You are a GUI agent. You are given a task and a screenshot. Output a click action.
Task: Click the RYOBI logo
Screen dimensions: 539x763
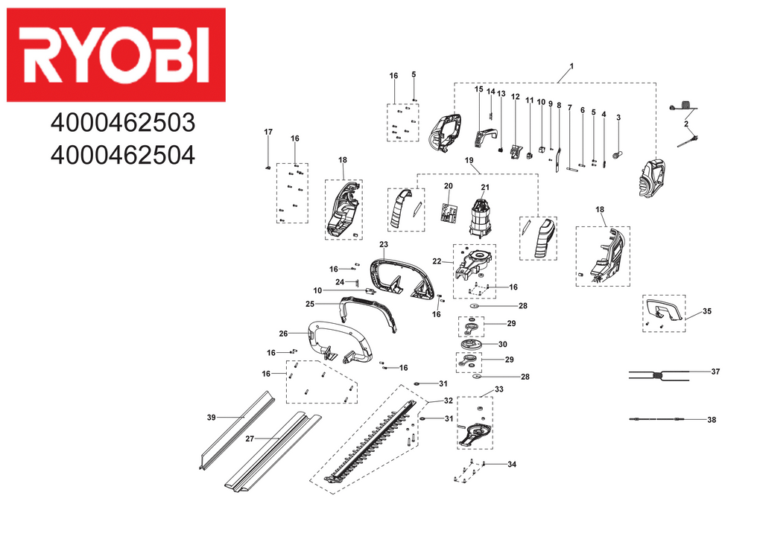(115, 54)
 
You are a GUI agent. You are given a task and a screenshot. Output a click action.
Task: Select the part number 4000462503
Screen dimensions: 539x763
(122, 122)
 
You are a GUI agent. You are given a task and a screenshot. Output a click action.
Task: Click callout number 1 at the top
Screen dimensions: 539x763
(572, 67)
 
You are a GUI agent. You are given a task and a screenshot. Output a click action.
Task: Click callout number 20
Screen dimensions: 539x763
(449, 185)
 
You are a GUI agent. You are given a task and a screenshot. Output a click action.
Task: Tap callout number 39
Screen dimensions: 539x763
(211, 417)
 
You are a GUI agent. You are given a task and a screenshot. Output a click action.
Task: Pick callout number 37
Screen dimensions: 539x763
(715, 371)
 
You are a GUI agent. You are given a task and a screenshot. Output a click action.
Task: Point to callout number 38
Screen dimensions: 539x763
(712, 420)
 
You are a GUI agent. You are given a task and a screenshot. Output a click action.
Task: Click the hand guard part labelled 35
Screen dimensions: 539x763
(663, 311)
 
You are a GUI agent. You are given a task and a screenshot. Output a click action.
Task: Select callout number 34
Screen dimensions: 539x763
(511, 465)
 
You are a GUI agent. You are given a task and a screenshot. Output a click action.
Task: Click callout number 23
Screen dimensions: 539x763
(384, 245)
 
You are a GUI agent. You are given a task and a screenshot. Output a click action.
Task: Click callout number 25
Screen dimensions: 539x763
(310, 304)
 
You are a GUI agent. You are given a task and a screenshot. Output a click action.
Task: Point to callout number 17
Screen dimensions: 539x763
(268, 132)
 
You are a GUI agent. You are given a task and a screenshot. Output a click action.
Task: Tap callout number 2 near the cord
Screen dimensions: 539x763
(686, 124)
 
